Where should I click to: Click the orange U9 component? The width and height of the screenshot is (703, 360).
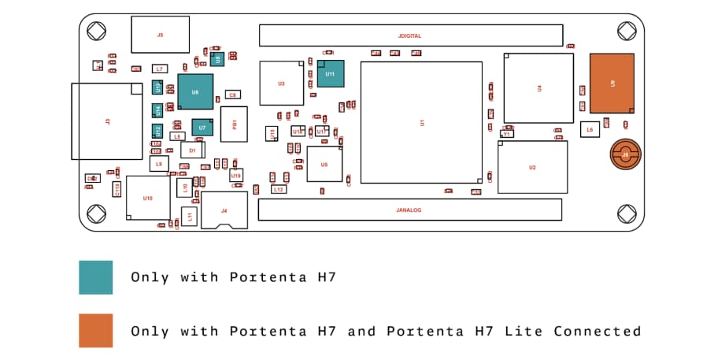612,82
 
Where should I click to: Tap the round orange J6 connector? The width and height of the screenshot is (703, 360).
625,155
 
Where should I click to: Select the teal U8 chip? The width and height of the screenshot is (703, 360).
195,91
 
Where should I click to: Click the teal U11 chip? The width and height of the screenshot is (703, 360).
330,73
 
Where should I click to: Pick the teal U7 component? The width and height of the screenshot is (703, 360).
202,127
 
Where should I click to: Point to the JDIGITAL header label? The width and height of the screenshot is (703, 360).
411,35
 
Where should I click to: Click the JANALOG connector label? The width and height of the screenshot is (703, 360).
410,210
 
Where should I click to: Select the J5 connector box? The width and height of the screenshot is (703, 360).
161,35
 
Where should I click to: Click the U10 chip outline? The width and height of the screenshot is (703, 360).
148,198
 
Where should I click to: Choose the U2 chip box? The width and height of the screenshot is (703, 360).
533,167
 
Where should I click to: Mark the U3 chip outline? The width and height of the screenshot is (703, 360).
281,83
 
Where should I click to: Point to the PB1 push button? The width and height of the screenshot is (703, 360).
234,124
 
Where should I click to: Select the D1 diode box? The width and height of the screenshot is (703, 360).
192,149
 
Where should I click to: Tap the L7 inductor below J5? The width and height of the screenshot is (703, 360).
160,69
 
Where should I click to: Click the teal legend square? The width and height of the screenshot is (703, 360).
95,277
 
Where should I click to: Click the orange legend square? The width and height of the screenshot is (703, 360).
95,331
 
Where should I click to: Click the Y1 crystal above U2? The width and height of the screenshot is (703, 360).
507,134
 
